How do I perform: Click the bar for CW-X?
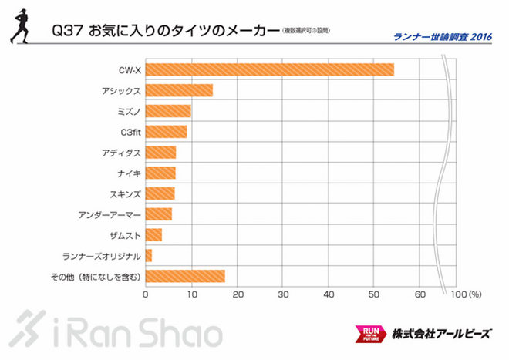click(269, 69)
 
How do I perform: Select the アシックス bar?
click(179, 90)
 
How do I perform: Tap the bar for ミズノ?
click(168, 111)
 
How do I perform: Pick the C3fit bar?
click(166, 132)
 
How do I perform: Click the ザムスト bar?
click(153, 234)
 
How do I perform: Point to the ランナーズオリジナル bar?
click(149, 255)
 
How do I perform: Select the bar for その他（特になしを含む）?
click(185, 276)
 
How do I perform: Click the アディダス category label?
click(120, 152)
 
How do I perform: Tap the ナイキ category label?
click(126, 173)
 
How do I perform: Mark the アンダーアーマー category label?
click(110, 214)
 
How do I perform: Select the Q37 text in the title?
click(63, 32)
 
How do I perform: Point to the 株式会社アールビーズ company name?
click(440, 334)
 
